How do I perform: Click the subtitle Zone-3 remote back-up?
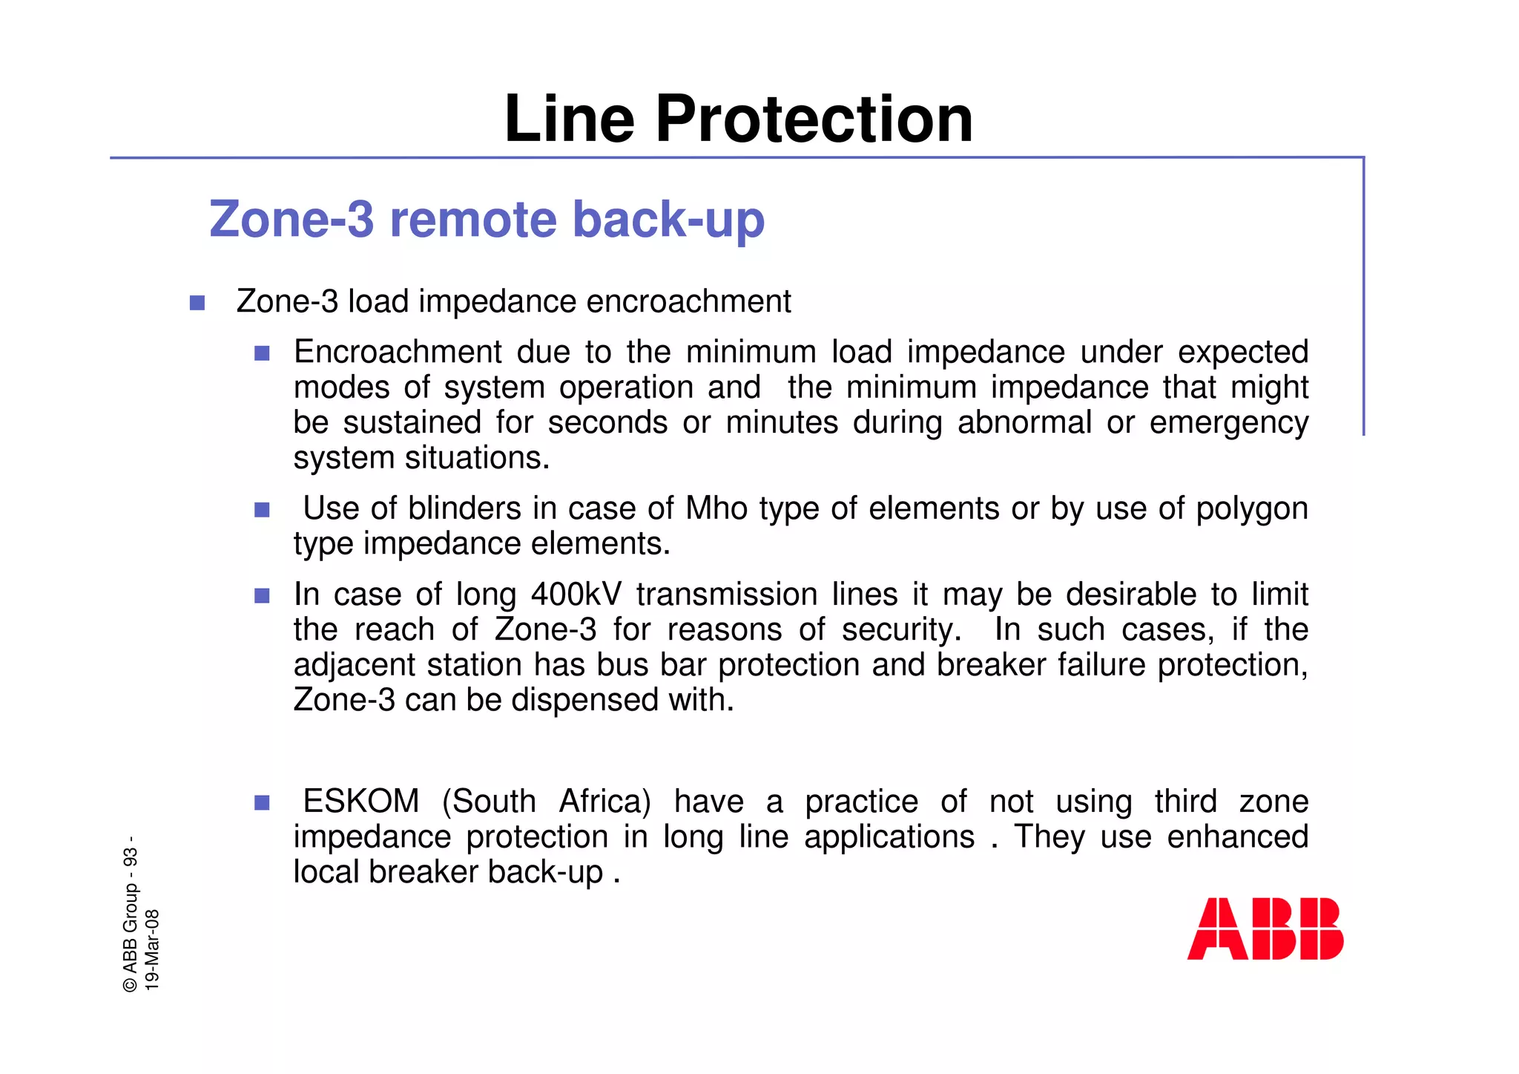click(x=487, y=220)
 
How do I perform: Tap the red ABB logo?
click(x=1265, y=929)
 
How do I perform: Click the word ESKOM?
click(x=361, y=802)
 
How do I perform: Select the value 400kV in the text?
click(x=576, y=595)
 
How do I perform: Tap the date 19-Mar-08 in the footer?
click(x=152, y=949)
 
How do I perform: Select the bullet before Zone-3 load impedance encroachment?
click(x=197, y=303)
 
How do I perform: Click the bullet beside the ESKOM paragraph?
click(x=262, y=802)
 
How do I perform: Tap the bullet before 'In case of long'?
click(x=262, y=595)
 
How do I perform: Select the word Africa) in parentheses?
click(x=604, y=802)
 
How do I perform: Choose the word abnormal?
click(x=1024, y=422)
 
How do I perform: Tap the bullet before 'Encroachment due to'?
click(x=262, y=353)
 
